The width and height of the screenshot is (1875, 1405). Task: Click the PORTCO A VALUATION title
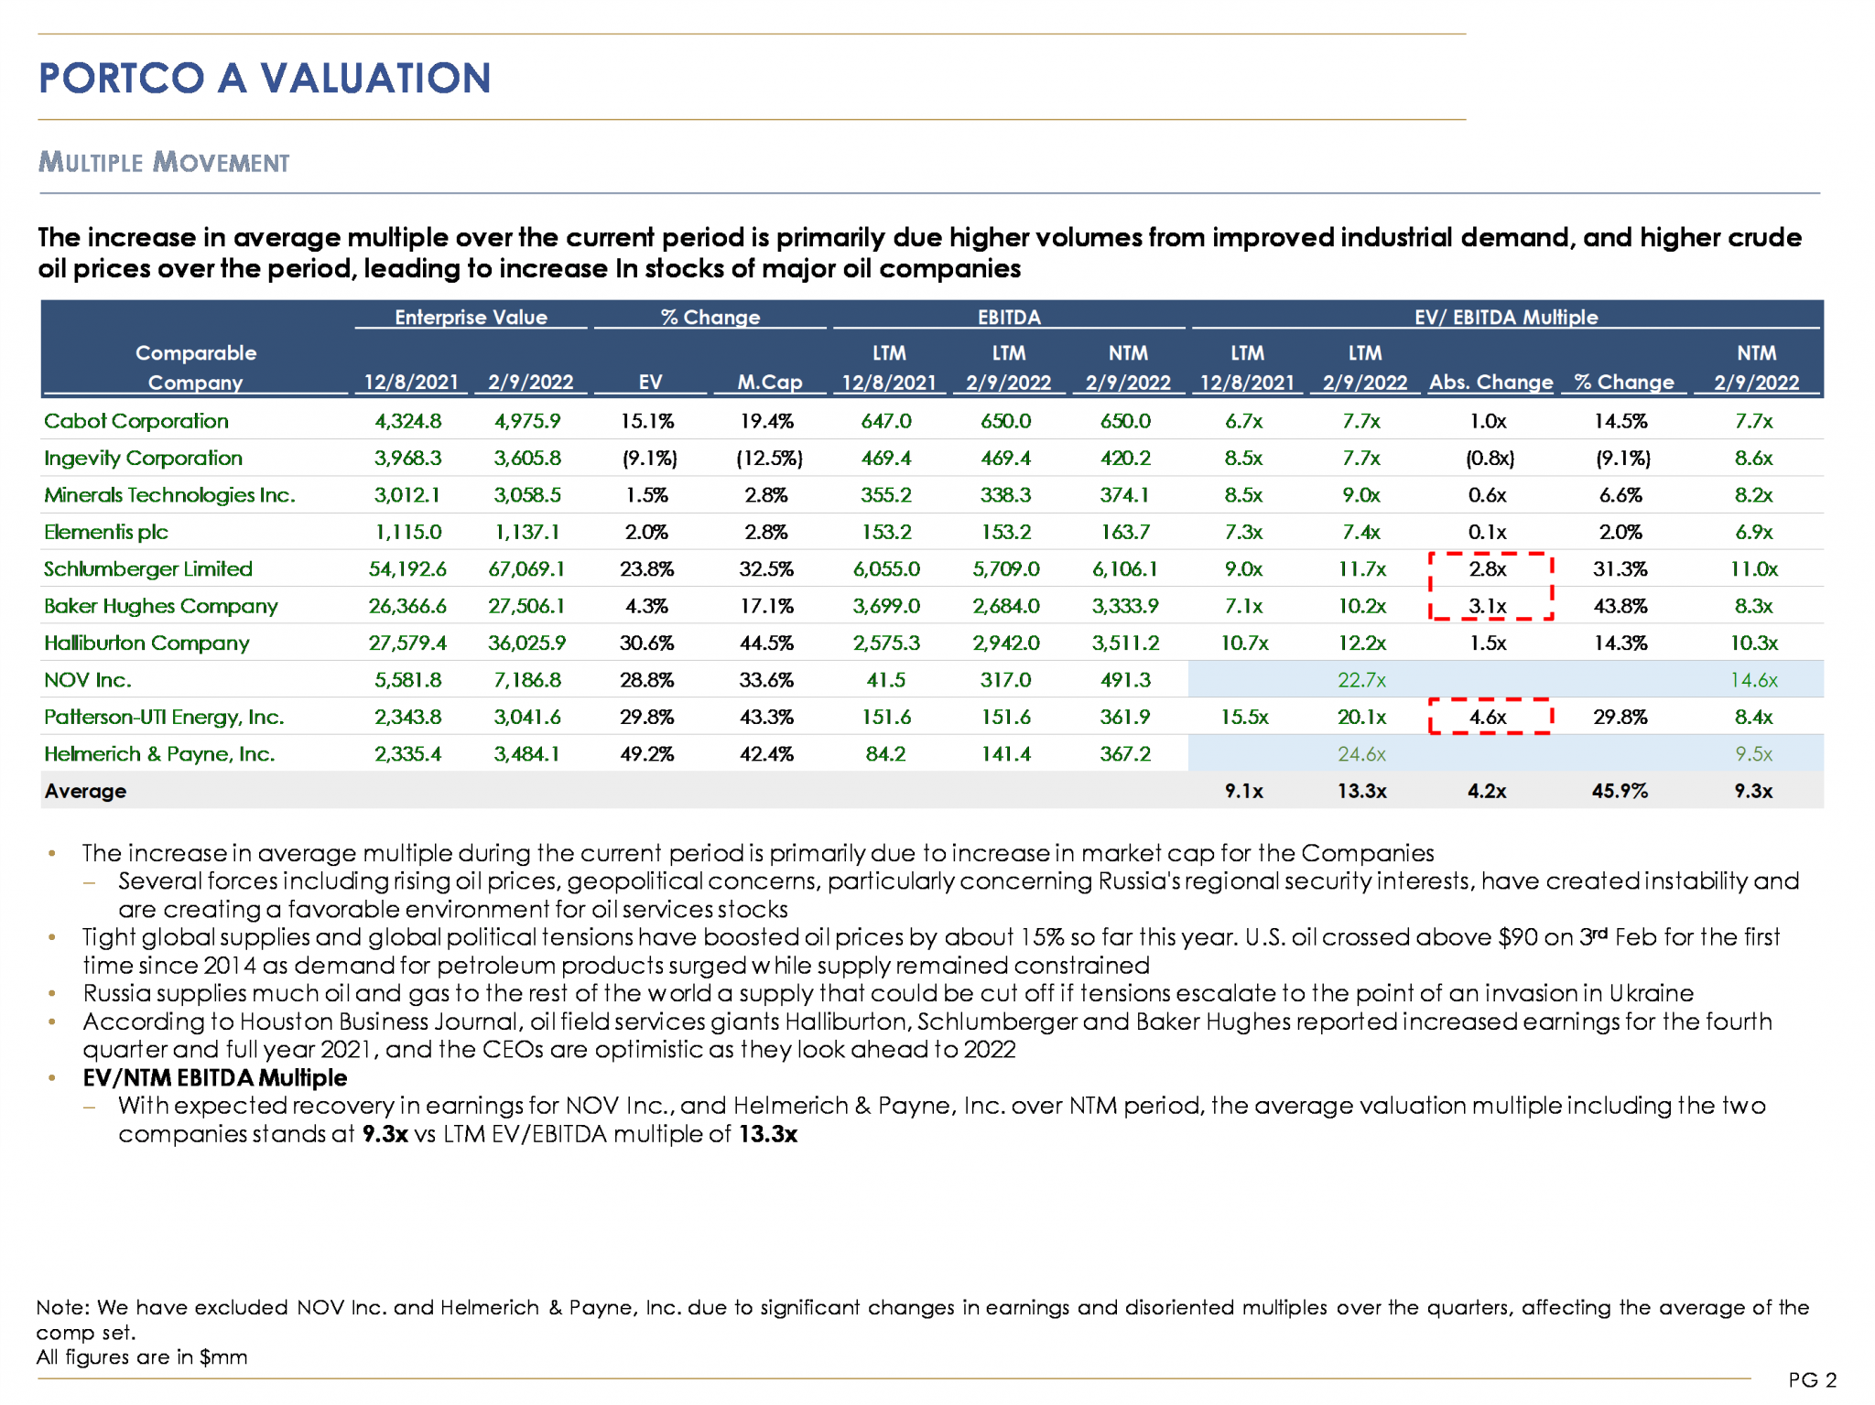pyautogui.click(x=265, y=79)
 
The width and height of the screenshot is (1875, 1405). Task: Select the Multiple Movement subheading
pyautogui.click(x=164, y=163)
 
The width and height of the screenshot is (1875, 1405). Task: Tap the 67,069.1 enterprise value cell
pyautogui.click(x=526, y=568)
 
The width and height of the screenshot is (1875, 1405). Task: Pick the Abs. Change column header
pyautogui.click(x=1490, y=382)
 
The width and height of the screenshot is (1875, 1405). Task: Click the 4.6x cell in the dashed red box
pyautogui.click(x=1488, y=717)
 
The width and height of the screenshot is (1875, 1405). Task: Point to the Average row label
pyautogui.click(x=85, y=791)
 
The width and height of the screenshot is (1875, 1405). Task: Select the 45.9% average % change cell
pyautogui.click(x=1620, y=791)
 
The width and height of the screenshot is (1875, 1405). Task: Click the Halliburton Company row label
pyautogui.click(x=146, y=643)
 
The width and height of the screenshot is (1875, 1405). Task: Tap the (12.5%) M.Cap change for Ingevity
pyautogui.click(x=769, y=458)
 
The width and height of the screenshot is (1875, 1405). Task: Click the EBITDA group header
pyautogui.click(x=1008, y=318)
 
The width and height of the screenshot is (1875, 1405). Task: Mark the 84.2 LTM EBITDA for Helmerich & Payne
pyautogui.click(x=885, y=754)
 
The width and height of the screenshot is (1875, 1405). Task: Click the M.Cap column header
pyautogui.click(x=769, y=382)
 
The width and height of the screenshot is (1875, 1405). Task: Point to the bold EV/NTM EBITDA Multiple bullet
pyautogui.click(x=214, y=1077)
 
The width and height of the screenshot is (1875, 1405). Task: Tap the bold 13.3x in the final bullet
pyautogui.click(x=768, y=1134)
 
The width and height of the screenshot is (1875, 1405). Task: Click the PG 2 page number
pyautogui.click(x=1812, y=1379)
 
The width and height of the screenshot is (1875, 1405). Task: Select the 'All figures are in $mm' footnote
pyautogui.click(x=142, y=1356)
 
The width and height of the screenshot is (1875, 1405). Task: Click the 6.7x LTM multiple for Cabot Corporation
pyautogui.click(x=1243, y=421)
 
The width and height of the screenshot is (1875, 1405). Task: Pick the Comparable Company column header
pyautogui.click(x=195, y=367)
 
